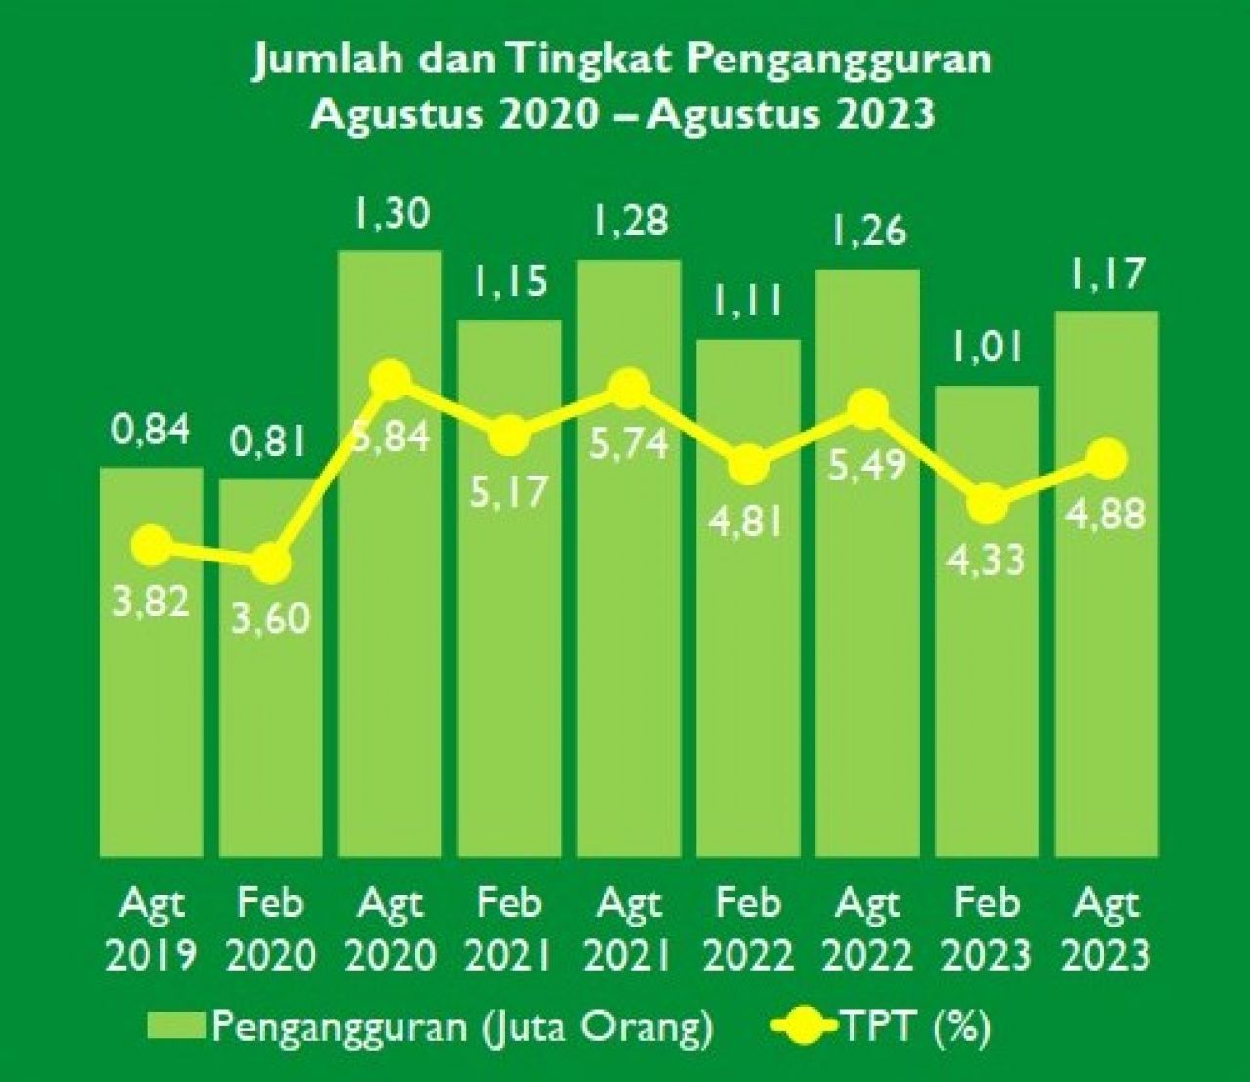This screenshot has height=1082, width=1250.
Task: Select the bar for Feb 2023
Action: click(x=987, y=684)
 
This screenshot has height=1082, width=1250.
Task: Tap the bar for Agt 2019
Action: click(x=151, y=703)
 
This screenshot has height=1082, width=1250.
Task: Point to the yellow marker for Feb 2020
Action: click(x=271, y=562)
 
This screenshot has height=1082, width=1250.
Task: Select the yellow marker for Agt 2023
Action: click(x=1107, y=457)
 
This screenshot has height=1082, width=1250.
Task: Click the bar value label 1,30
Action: click(x=392, y=213)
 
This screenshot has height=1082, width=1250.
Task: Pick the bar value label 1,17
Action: click(x=1106, y=275)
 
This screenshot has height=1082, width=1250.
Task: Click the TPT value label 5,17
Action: click(x=509, y=490)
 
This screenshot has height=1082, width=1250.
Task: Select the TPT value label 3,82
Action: click(x=151, y=603)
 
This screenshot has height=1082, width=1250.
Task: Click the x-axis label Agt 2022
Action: click(x=868, y=929)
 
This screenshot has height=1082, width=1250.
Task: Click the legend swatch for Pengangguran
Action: click(x=177, y=1026)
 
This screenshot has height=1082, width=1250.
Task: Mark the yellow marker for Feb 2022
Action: click(x=749, y=464)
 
